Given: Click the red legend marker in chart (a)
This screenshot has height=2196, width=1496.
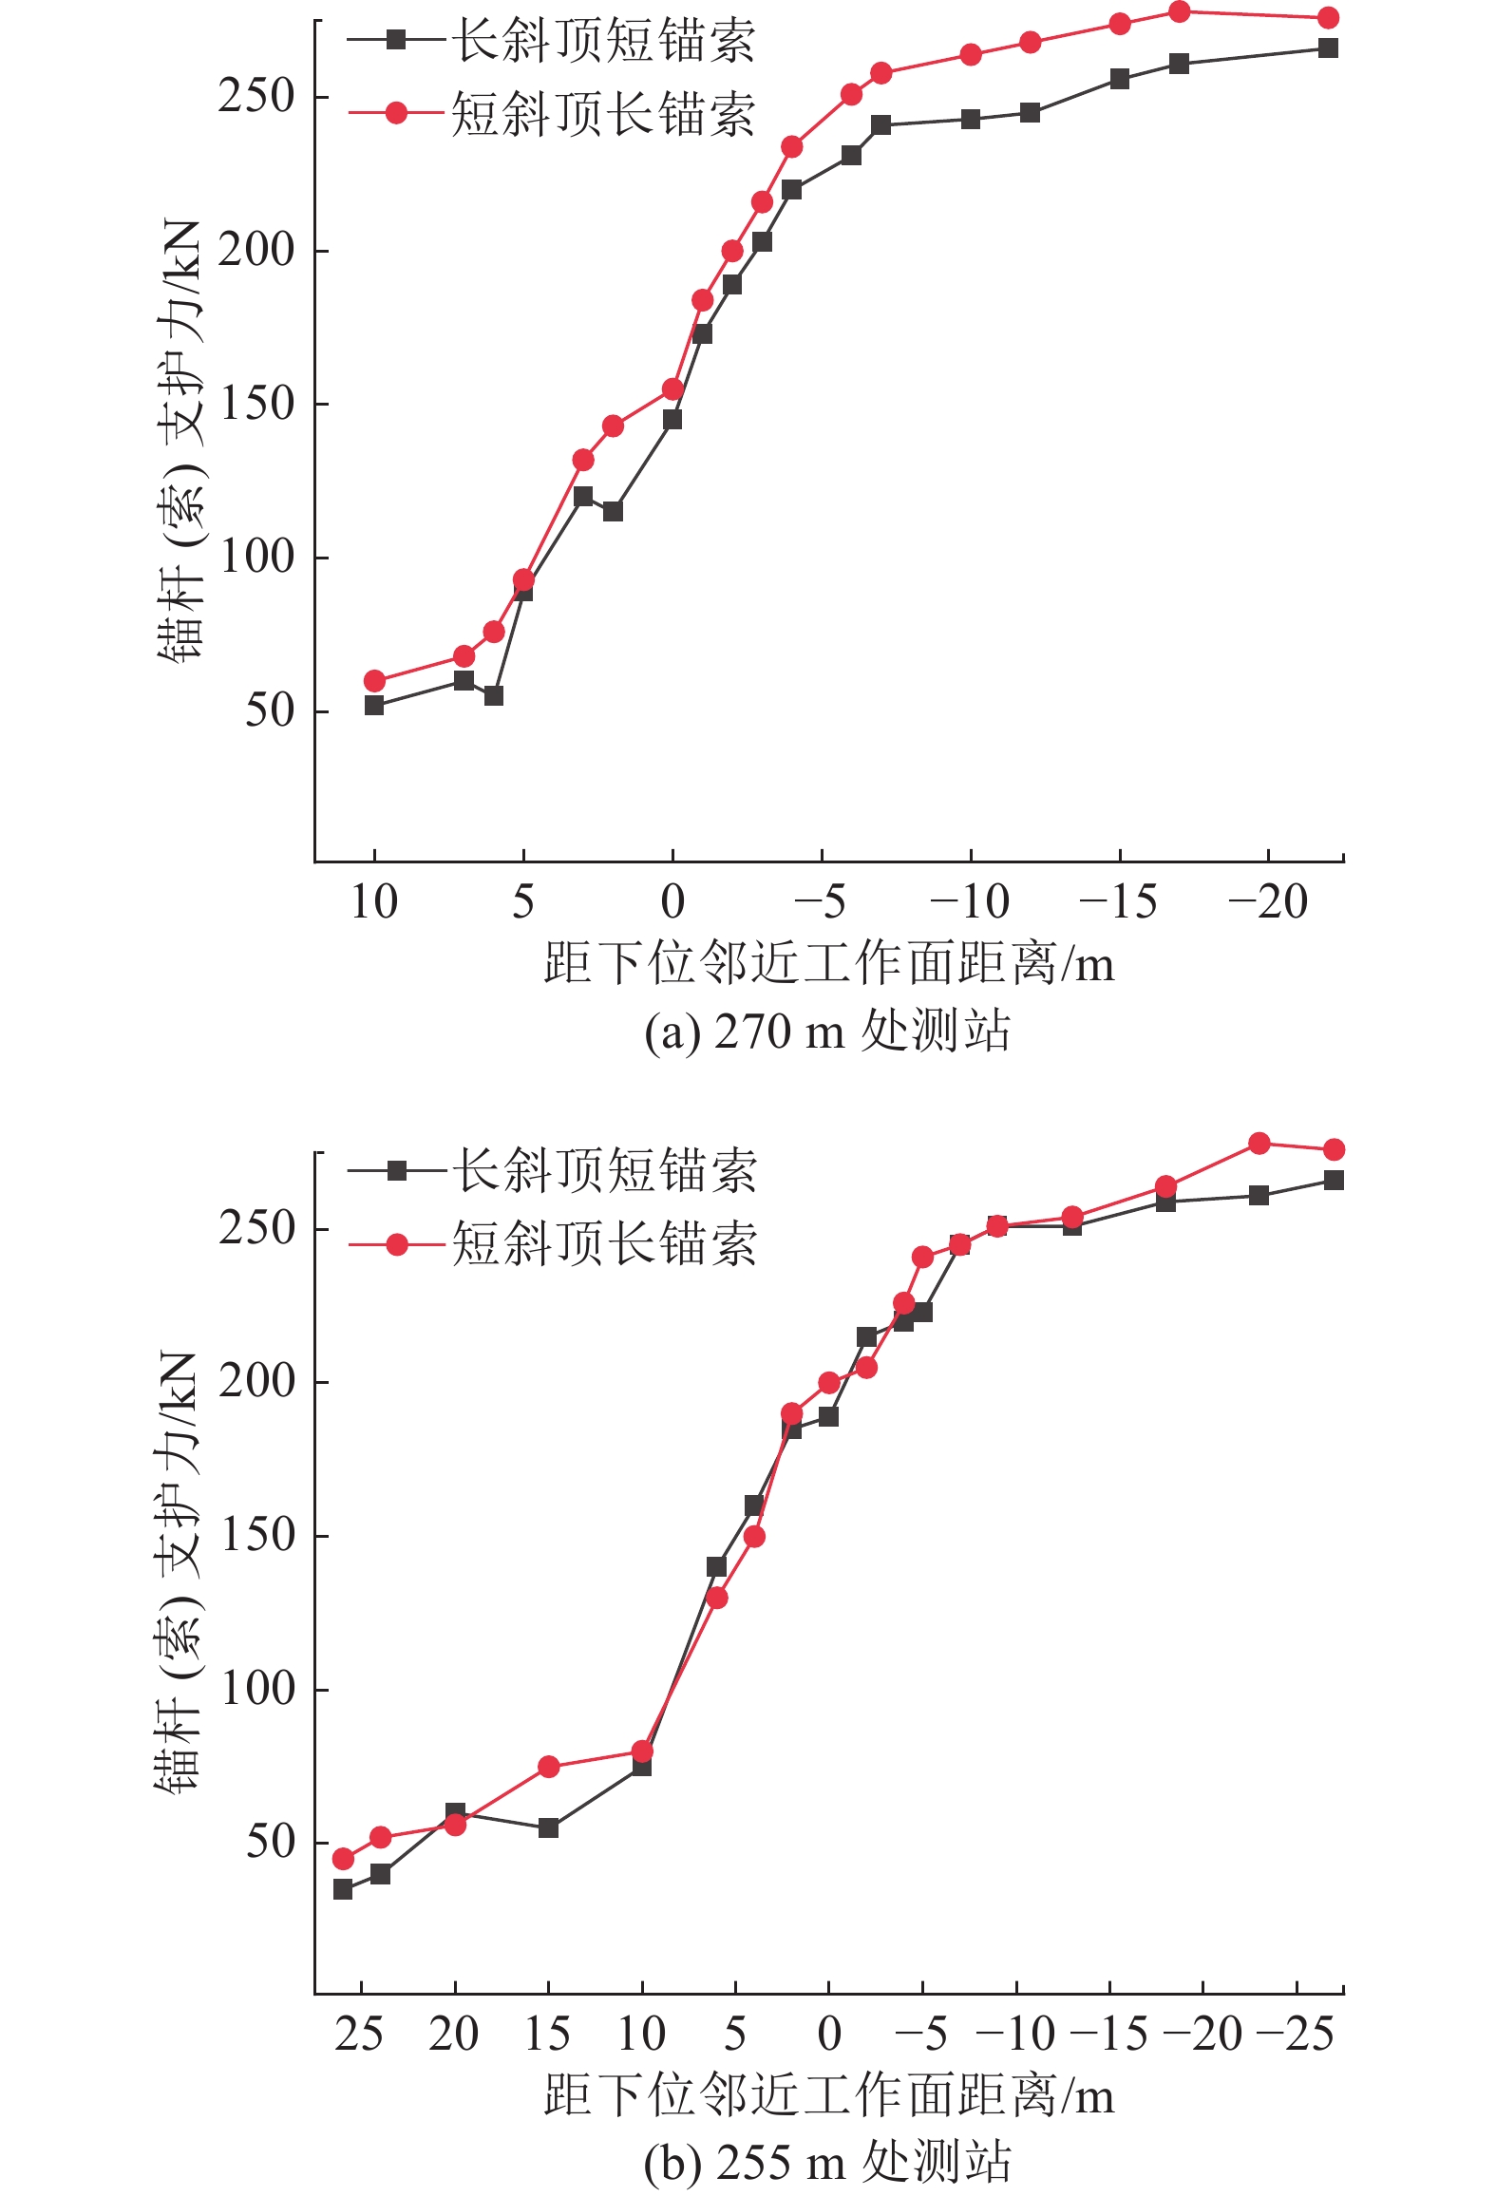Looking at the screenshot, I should tap(396, 114).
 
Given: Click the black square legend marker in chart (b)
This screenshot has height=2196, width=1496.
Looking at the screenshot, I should tap(397, 1170).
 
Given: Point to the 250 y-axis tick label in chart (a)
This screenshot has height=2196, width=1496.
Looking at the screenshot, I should tap(256, 96).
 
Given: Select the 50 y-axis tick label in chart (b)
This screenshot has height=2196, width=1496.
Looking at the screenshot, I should tap(271, 1842).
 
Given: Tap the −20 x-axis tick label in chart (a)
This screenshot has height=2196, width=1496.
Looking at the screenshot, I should tap(1268, 902).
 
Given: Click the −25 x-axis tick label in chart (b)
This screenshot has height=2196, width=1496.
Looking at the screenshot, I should tap(1296, 2034).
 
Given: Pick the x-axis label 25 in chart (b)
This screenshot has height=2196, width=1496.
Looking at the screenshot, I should tap(359, 2034).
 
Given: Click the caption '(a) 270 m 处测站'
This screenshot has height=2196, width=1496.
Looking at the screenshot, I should tap(826, 1032).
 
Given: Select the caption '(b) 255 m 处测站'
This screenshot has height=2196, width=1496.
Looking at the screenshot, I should tap(826, 2163).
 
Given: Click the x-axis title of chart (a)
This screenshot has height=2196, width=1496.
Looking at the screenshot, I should tap(828, 964).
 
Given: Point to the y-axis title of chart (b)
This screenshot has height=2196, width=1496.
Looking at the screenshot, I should tap(179, 1572).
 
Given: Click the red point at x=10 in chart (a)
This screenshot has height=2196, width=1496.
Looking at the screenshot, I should tap(374, 681).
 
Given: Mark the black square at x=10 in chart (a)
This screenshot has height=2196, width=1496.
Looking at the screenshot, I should tap(374, 706).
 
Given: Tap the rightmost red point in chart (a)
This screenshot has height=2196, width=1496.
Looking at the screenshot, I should tap(1328, 18).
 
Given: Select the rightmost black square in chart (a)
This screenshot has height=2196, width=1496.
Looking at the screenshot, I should tap(1328, 48).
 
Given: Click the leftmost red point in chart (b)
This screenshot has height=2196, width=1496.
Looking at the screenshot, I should tap(343, 1859).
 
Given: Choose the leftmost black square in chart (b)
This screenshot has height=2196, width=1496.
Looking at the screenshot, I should tap(343, 1889).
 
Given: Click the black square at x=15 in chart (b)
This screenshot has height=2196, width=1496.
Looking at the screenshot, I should tap(548, 1827).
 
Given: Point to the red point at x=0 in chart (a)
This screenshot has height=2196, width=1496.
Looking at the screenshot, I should tap(672, 389).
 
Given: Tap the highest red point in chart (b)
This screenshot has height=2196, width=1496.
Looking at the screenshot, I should tap(1259, 1144).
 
